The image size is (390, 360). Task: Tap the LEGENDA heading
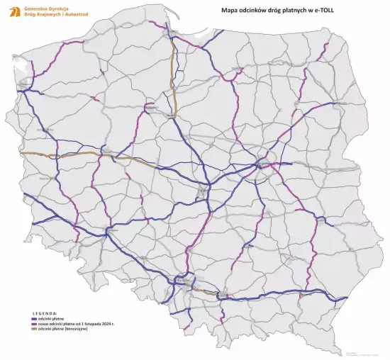44,313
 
